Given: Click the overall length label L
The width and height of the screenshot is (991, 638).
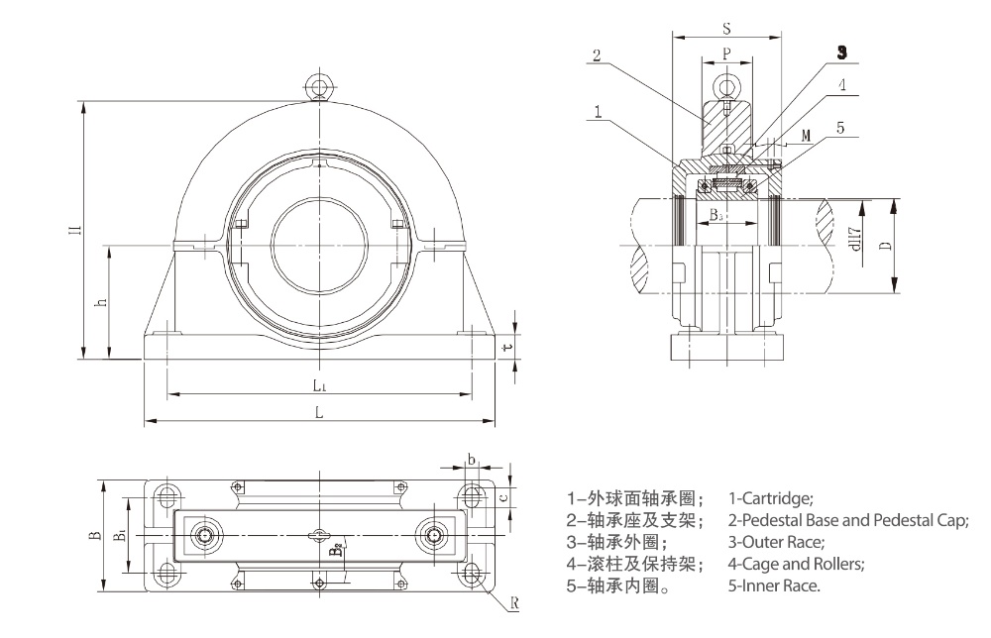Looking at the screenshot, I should tap(318, 413).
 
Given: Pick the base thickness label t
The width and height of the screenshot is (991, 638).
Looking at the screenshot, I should tap(506, 347).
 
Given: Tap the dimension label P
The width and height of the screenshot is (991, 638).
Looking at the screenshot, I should tap(725, 54).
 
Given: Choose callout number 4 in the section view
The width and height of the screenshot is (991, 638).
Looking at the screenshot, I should tap(841, 85).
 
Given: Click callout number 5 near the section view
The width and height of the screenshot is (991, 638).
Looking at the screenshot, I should tap(839, 128).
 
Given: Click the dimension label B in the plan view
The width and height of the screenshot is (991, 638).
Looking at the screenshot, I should tap(92, 535).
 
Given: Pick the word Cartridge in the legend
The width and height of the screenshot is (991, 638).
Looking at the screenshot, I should tap(777, 497).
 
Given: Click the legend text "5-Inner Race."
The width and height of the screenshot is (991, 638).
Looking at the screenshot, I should tap(774, 585).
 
